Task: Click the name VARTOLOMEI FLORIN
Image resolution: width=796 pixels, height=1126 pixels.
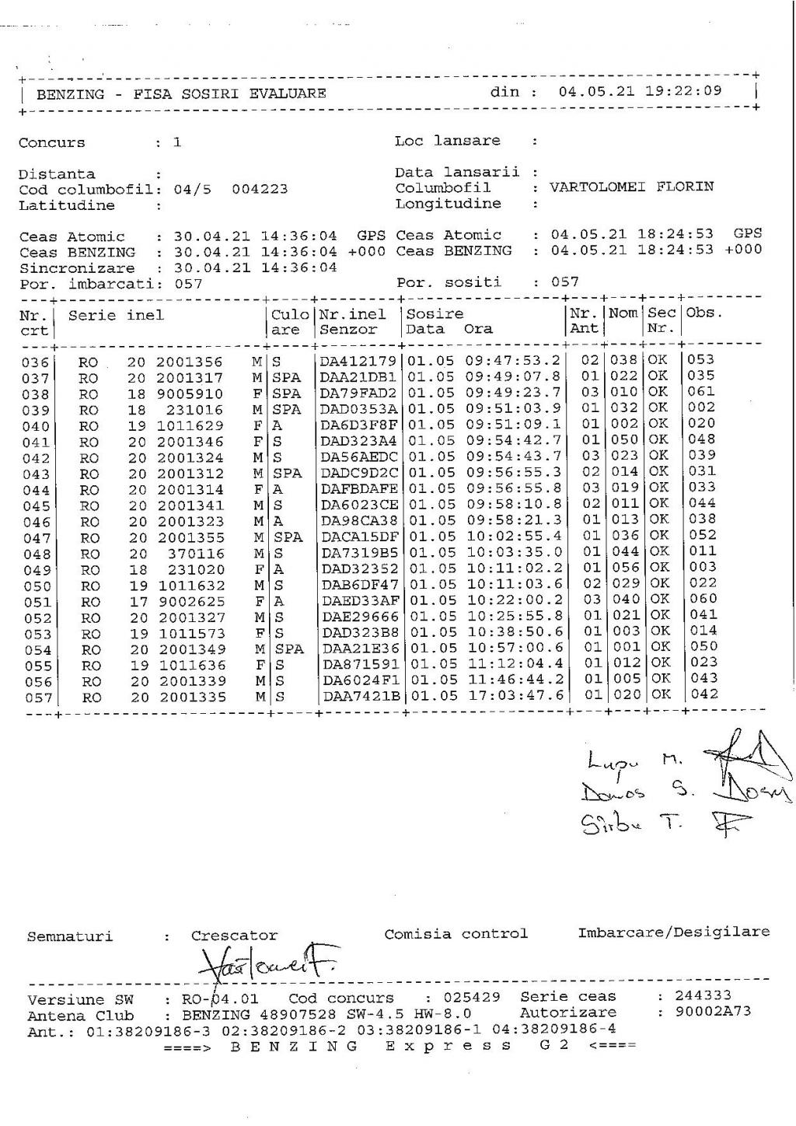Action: [x=631, y=187]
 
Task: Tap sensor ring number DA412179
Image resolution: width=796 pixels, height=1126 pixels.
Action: [x=358, y=361]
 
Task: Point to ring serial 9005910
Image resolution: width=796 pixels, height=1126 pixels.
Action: [x=190, y=394]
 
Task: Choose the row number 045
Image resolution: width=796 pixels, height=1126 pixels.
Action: [x=37, y=506]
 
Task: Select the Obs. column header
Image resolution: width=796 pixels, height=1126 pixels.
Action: [x=704, y=313]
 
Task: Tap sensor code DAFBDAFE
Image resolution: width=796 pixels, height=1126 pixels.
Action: [x=359, y=488]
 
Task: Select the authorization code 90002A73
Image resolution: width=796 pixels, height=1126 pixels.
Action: [x=713, y=1012]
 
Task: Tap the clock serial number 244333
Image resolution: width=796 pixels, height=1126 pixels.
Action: [x=703, y=995]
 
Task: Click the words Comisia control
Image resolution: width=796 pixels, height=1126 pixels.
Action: [x=456, y=933]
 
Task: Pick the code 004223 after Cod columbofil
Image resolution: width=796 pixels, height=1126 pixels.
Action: [x=260, y=189]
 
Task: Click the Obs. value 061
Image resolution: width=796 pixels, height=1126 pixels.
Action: [x=701, y=391]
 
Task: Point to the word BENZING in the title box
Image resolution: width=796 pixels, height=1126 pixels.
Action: [x=70, y=94]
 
